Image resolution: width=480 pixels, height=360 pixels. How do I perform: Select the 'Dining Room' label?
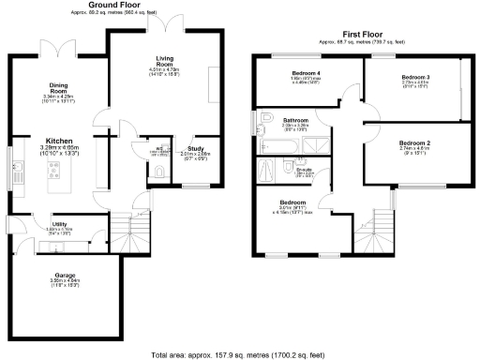(x=58, y=86)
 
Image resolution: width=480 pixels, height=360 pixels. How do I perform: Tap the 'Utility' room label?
(x=59, y=223)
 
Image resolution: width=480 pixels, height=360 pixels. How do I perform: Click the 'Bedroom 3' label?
(x=415, y=76)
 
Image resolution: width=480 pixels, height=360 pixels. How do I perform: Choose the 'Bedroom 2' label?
(x=414, y=141)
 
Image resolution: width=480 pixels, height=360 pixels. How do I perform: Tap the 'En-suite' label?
(x=305, y=169)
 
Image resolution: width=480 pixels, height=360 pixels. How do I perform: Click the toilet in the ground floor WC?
(x=159, y=171)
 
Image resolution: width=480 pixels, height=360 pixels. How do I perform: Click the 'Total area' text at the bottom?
(x=240, y=354)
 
